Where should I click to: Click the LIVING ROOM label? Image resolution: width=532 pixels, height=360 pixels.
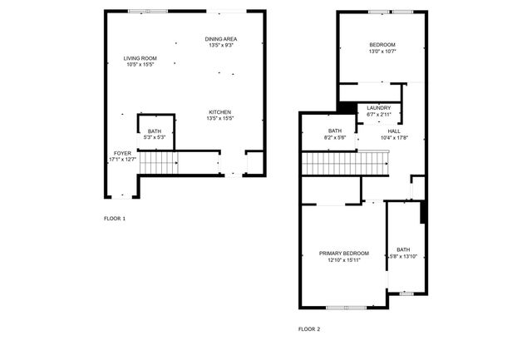click(x=140, y=58)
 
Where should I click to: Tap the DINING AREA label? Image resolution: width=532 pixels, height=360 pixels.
click(x=220, y=39)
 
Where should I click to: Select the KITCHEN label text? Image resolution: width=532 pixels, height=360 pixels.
click(x=219, y=112)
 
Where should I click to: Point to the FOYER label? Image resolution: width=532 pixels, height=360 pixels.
click(x=122, y=153)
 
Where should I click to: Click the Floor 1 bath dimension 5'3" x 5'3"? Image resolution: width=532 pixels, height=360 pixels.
click(x=155, y=137)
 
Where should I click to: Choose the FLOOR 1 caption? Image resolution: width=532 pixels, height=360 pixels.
click(x=114, y=218)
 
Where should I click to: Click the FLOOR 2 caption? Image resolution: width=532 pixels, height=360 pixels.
click(x=308, y=329)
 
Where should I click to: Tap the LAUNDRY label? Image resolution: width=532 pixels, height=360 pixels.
click(x=378, y=108)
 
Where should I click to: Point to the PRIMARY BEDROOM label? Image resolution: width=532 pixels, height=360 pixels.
click(x=343, y=253)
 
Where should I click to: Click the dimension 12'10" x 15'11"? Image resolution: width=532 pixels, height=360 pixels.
click(x=343, y=260)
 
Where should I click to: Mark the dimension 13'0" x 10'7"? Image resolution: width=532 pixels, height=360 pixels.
click(x=382, y=52)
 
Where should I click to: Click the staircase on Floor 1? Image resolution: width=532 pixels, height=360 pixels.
click(x=159, y=163)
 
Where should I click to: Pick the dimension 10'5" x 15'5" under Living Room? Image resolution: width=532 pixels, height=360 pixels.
click(x=140, y=65)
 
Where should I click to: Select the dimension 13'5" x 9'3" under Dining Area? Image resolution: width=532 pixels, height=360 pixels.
click(x=220, y=46)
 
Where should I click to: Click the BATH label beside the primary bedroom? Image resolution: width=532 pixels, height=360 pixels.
click(x=402, y=249)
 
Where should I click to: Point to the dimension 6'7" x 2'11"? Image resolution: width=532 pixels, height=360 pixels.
click(x=378, y=115)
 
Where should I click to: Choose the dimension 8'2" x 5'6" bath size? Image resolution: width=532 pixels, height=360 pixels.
click(x=335, y=137)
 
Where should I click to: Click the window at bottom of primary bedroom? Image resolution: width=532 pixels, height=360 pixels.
click(x=346, y=308)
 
